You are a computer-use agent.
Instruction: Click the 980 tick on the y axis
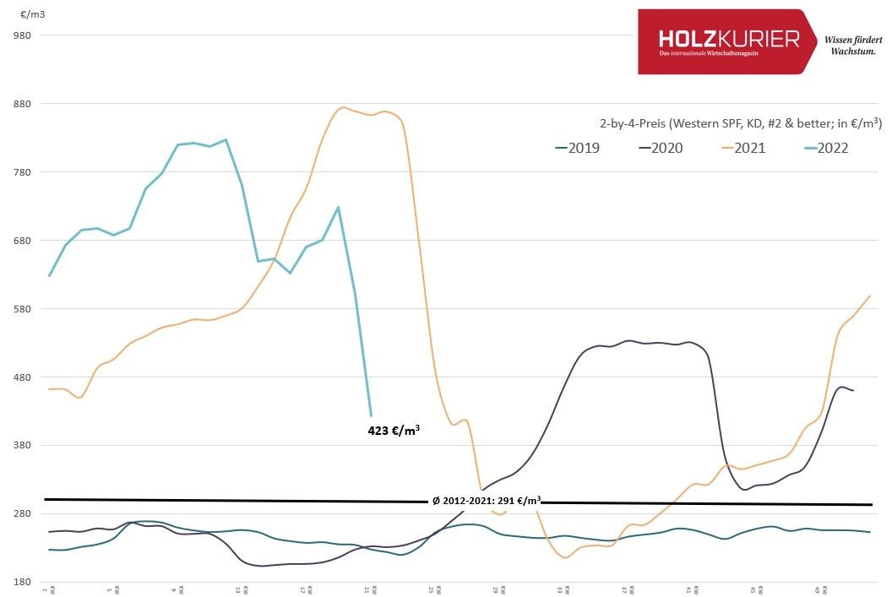click(22, 35)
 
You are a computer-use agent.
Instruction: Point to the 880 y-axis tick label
click(22, 104)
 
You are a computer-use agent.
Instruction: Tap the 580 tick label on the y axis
click(22, 309)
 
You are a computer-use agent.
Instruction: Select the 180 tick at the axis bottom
click(22, 583)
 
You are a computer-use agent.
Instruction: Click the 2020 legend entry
click(660, 148)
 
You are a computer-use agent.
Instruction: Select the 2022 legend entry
click(824, 148)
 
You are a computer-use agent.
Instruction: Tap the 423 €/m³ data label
click(394, 430)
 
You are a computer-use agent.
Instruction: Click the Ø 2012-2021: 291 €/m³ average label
click(487, 500)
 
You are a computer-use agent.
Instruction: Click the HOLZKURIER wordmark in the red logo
click(728, 39)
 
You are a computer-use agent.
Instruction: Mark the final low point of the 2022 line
click(371, 415)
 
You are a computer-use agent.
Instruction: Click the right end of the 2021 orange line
click(870, 296)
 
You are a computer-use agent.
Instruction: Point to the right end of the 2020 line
click(853, 390)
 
